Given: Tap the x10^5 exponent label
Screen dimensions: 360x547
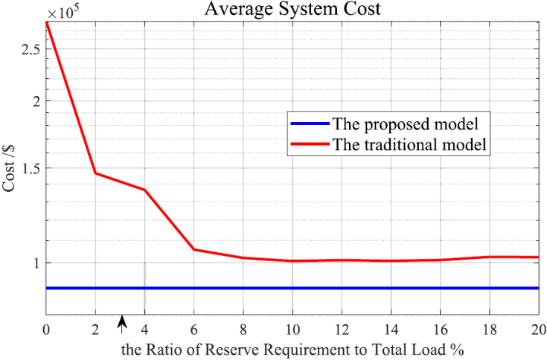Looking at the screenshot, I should click(63, 11).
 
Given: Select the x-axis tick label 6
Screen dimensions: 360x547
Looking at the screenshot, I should click(193, 330).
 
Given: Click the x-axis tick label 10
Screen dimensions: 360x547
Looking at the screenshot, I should click(292, 330).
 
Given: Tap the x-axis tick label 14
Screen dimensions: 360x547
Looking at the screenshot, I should click(390, 330).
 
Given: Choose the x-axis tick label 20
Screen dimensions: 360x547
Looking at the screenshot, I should click(537, 330).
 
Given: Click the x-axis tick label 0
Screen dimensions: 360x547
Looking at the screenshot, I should click(46, 330).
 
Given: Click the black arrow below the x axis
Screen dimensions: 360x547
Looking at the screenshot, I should click(123, 322).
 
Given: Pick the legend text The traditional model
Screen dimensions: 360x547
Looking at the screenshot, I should click(409, 144).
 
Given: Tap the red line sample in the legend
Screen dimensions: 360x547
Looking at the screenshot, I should click(309, 144).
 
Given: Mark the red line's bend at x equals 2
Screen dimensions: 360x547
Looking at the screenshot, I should click(95, 173).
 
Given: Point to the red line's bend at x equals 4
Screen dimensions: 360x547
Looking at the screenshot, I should click(144, 190).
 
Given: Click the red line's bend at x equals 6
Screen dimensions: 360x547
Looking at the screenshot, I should click(193, 249).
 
